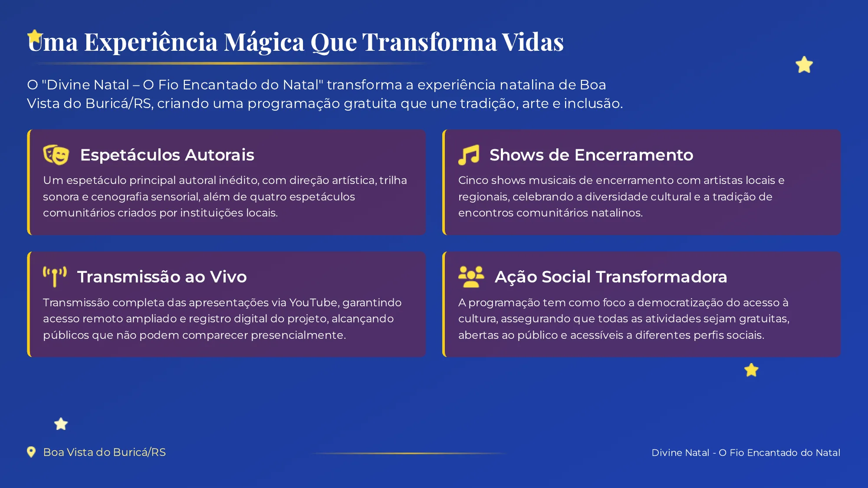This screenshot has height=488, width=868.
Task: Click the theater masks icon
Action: pos(56,155)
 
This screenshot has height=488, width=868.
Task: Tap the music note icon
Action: pos(469,155)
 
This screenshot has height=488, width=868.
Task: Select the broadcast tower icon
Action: pos(55,277)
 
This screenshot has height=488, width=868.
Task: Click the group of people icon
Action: pos(471,277)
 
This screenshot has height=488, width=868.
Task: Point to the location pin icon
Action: pos(31,452)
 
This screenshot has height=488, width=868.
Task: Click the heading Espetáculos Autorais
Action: pos(167,155)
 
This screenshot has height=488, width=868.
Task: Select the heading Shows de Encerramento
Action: pos(591,155)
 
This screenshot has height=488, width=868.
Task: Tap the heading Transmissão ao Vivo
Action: pos(162,277)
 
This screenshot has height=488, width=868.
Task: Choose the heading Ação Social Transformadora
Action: pos(611,277)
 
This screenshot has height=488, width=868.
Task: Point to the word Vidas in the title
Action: pos(533,43)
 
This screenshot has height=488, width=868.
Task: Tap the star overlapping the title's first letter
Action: pos(34,36)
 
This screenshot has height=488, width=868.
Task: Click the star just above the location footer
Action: pos(61,424)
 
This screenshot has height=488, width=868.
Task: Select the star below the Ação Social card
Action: pos(751,370)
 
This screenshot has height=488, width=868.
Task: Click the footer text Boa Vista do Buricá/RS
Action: pos(104,452)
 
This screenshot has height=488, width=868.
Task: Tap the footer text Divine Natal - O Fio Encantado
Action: pos(746,452)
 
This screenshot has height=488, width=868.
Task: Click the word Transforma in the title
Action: pos(429,43)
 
